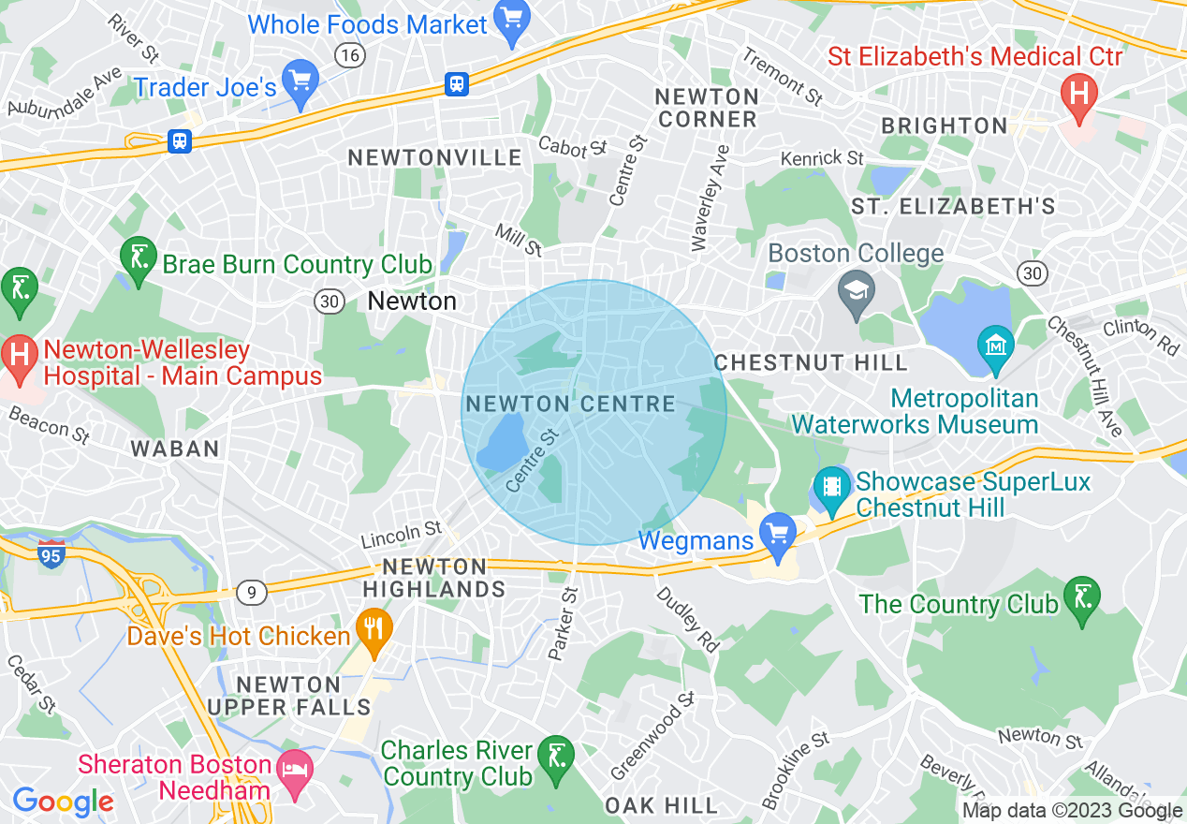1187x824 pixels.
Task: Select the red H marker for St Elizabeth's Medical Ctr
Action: (1078, 96)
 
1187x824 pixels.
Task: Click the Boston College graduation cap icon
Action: (857, 290)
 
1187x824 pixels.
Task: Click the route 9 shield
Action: (251, 592)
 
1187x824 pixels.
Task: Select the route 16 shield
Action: (350, 56)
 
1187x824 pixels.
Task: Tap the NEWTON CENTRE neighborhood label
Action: (570, 405)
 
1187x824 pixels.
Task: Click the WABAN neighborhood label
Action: (175, 449)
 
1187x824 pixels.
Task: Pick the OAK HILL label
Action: (661, 805)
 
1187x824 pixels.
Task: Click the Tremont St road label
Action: (783, 76)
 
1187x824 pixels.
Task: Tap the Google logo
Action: (63, 802)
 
